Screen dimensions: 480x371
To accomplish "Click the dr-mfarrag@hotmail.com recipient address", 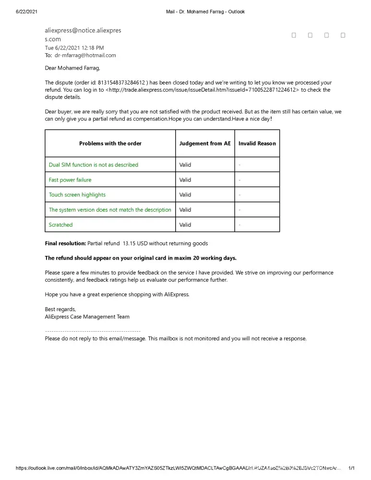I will coord(85,55).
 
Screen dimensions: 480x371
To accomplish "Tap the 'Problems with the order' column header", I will coord(110,143).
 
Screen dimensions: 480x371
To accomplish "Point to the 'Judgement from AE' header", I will coord(205,143).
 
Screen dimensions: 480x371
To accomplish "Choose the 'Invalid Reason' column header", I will coord(257,143).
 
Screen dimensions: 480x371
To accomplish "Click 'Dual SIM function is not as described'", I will coord(94,165).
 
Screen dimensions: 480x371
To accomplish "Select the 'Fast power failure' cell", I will coord(70,180).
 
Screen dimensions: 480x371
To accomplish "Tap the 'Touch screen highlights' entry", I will coord(77,195).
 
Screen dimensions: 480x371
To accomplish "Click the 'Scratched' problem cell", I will coord(61,225).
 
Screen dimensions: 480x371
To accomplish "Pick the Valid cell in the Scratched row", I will coord(185,225).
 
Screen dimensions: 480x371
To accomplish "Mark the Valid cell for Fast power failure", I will coord(185,180).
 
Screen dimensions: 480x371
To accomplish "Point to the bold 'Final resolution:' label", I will coord(65,243).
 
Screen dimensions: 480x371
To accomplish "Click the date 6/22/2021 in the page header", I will coord(27,12).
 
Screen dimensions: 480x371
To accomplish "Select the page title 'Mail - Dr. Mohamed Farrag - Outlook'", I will coord(205,12).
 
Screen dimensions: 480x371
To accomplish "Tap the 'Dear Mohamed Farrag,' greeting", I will coord(72,68).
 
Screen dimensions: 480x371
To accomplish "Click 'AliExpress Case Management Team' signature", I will coord(87,317).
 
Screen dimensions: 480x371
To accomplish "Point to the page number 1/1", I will coord(351,468).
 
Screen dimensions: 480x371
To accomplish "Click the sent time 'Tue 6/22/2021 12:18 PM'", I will coord(74,48).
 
